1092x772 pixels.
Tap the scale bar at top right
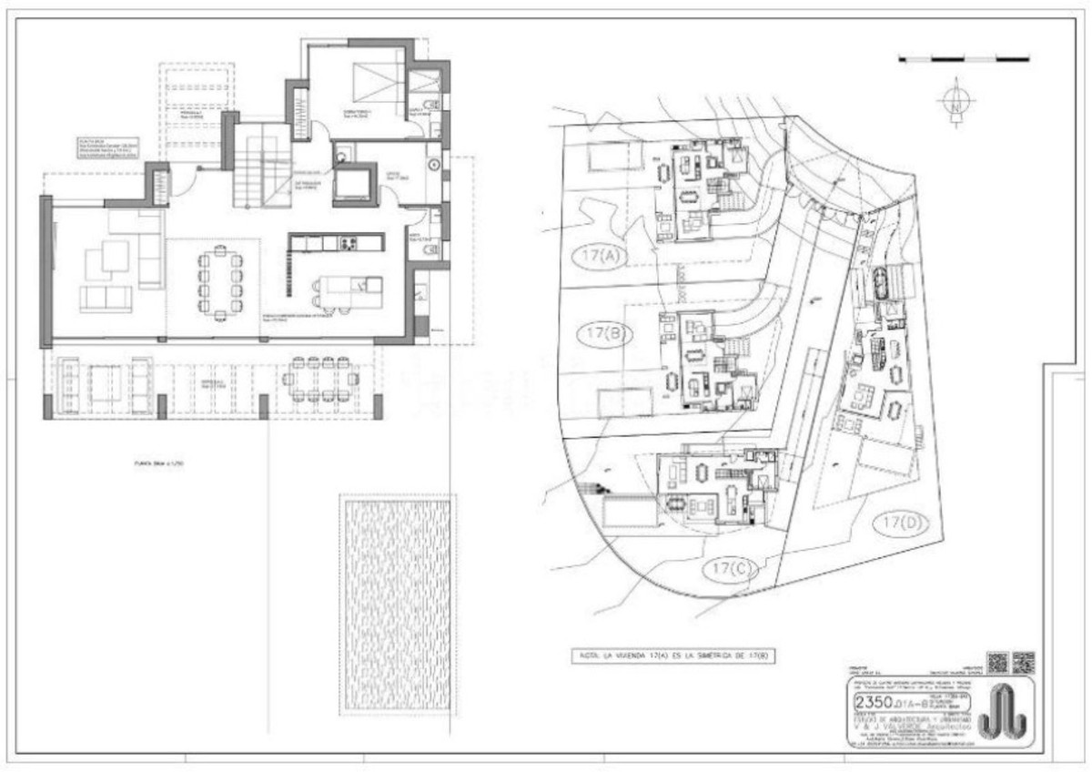[964, 59]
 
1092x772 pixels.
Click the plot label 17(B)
[603, 334]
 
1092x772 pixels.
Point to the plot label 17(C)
[730, 570]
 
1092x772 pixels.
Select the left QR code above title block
[997, 662]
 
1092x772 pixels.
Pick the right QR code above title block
[1024, 662]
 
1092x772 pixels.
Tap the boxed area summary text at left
[106, 149]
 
